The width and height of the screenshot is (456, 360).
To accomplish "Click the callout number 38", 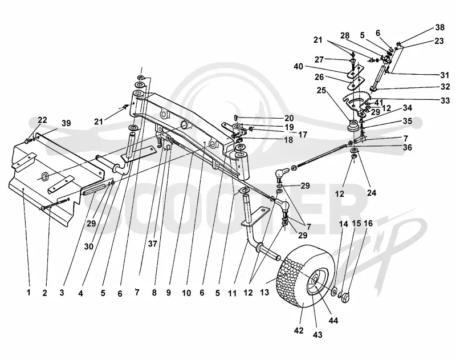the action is click(x=439, y=27).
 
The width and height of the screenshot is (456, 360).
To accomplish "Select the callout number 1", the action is click(x=28, y=292).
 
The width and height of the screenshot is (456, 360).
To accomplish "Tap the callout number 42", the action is click(x=299, y=330).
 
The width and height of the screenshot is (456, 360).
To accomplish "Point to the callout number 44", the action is click(x=333, y=321).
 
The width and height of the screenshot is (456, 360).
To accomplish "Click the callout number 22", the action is click(x=42, y=120).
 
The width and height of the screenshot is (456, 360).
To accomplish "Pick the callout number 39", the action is click(x=66, y=123).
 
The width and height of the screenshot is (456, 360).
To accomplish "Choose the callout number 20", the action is click(x=288, y=118).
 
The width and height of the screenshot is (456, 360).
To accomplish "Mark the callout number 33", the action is click(x=445, y=100).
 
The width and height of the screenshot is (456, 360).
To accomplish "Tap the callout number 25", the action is click(x=321, y=91).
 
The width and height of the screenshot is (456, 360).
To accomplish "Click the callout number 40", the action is click(x=298, y=67).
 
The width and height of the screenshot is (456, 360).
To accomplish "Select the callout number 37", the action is click(x=152, y=244).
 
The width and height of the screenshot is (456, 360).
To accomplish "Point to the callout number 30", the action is click(x=89, y=246).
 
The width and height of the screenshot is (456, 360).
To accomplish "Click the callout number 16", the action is click(x=368, y=224).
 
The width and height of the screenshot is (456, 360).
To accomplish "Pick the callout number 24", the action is click(x=372, y=192).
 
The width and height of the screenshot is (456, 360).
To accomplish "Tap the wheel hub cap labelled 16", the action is click(x=346, y=298).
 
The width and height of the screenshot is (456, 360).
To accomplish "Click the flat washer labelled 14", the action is click(x=334, y=291).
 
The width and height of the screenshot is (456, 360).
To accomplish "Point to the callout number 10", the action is click(x=186, y=293).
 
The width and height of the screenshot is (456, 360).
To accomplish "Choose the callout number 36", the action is click(x=408, y=148).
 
